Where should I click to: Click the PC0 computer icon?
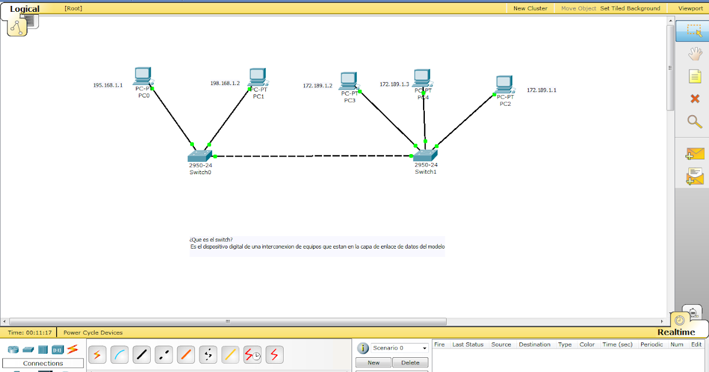142,77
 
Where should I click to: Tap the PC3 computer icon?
349,81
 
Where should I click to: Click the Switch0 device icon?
200,155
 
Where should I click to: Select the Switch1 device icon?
425,155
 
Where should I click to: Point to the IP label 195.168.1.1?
108,86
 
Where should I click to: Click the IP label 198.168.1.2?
225,83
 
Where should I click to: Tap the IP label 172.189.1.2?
318,86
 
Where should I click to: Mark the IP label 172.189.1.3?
394,84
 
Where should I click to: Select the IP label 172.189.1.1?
542,90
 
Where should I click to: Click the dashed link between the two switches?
313,156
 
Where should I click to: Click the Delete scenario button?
410,363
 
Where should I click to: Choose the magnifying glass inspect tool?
694,122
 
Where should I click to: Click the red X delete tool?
694,99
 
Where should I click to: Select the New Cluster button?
530,8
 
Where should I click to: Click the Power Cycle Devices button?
93,332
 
